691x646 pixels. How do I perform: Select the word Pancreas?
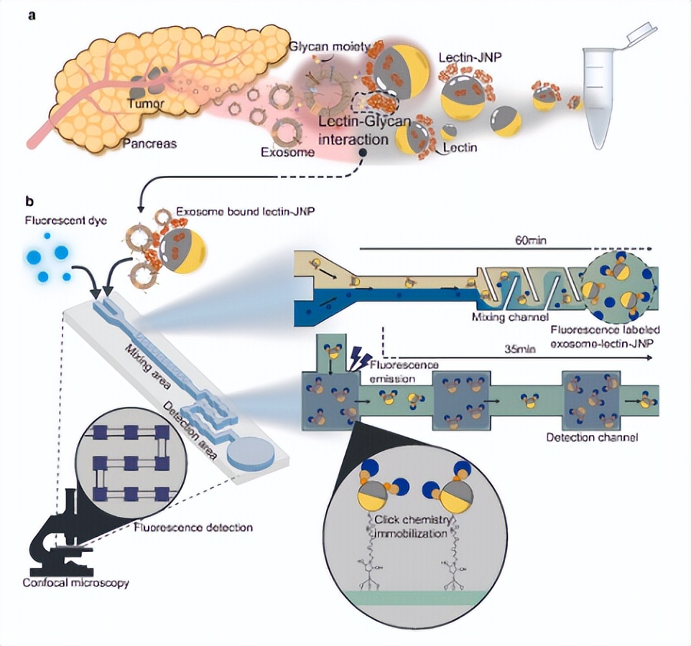tap(148, 143)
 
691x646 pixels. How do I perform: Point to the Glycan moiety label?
tap(325, 45)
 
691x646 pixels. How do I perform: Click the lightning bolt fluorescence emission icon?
tap(357, 355)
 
